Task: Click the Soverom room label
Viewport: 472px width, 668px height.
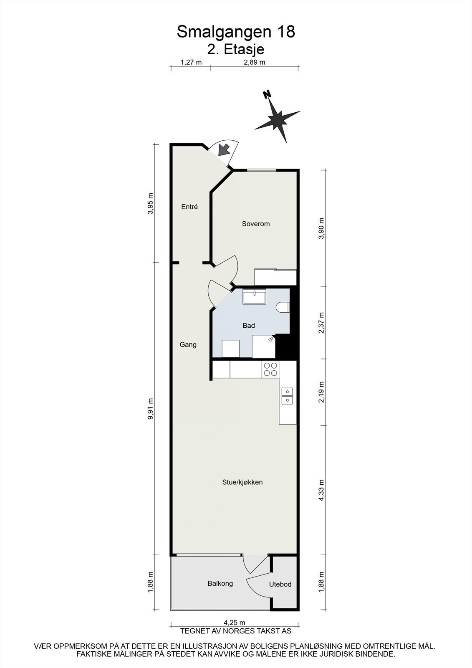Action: (x=256, y=224)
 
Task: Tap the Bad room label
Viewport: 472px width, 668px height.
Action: (x=249, y=326)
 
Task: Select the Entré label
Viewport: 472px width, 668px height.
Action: (x=189, y=207)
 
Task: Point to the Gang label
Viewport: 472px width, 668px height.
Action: (x=188, y=345)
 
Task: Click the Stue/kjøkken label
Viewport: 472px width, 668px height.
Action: (x=242, y=482)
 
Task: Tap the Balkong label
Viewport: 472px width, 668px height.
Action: (x=220, y=583)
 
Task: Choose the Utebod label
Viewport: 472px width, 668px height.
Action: (x=280, y=584)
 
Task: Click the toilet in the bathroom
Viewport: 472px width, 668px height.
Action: (x=283, y=308)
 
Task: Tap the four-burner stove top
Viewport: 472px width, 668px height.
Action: (x=270, y=369)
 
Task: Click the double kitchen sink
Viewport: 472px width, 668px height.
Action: (x=287, y=396)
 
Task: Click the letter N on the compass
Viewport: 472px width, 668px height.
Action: (x=266, y=94)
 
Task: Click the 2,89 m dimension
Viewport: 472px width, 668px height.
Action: (x=254, y=63)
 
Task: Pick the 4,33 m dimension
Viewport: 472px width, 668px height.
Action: (x=321, y=490)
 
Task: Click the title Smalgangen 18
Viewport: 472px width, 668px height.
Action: (x=236, y=32)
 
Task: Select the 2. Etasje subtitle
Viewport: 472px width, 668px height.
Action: (x=236, y=49)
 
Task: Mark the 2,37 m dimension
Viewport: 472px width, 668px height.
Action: (x=321, y=323)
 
